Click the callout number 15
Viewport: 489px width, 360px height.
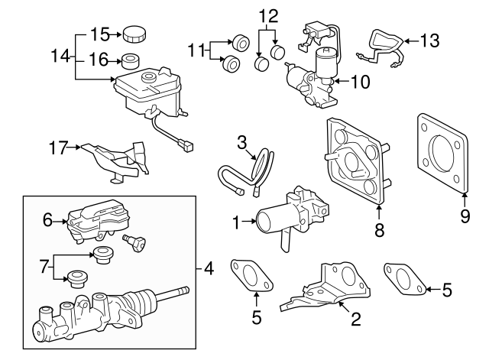pos(101,34)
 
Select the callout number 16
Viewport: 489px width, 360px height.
pos(101,58)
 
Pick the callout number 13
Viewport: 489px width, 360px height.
pos(430,40)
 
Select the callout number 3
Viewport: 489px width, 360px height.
pos(241,141)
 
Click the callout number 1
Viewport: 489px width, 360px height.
pos(236,223)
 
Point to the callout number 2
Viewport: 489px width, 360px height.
pos(355,320)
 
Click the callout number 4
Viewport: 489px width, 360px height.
pos(209,268)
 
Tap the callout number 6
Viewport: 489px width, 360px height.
pos(47,220)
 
